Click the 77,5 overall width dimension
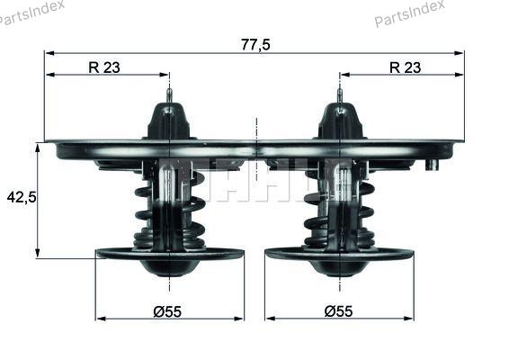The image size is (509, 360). coord(255,45)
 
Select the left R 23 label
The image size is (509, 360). coord(104,67)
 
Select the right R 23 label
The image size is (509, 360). coord(405,67)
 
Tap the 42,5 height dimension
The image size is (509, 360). coord(22,197)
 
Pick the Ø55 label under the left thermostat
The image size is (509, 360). coord(167,312)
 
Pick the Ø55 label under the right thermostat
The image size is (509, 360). coord(338,311)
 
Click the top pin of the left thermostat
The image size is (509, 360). coord(169,96)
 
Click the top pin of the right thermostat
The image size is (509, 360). coord(340,96)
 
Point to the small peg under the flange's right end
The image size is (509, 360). coord(432,165)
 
